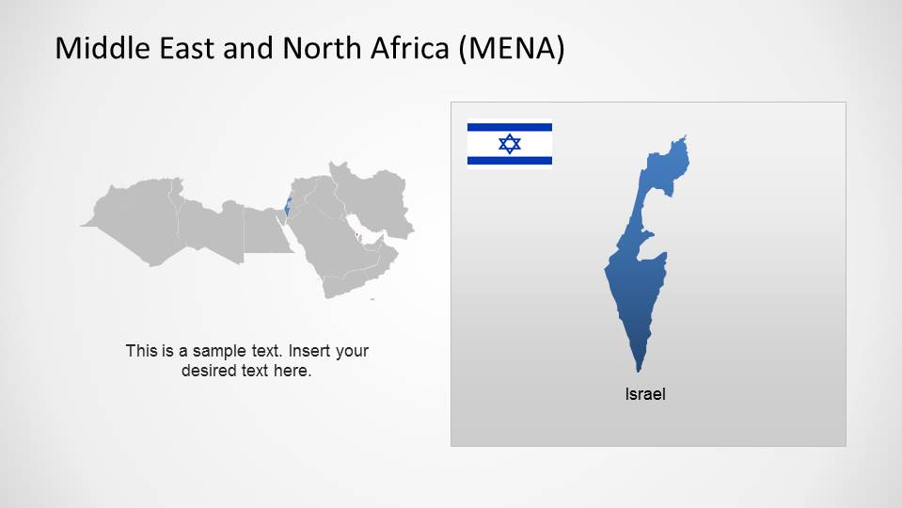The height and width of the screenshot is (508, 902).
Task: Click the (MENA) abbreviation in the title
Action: (x=512, y=48)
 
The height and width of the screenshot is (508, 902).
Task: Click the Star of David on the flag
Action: (x=510, y=144)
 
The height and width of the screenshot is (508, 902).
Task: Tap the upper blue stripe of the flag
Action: (x=510, y=127)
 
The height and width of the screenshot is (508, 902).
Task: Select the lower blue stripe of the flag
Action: (x=510, y=161)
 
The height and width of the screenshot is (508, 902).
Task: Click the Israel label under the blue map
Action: (x=645, y=394)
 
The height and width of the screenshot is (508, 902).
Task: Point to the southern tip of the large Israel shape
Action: (x=638, y=370)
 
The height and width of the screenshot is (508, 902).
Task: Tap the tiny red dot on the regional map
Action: (x=357, y=222)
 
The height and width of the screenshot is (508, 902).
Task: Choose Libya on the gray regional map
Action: (x=211, y=230)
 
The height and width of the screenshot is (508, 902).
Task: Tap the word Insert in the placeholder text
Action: (x=309, y=351)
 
